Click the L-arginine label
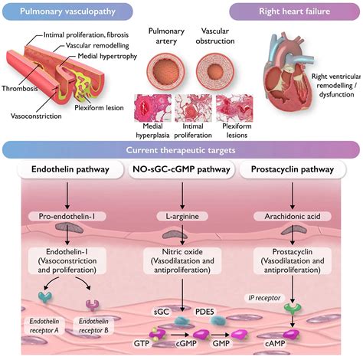pos(181,218)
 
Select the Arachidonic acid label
pos(298,218)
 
